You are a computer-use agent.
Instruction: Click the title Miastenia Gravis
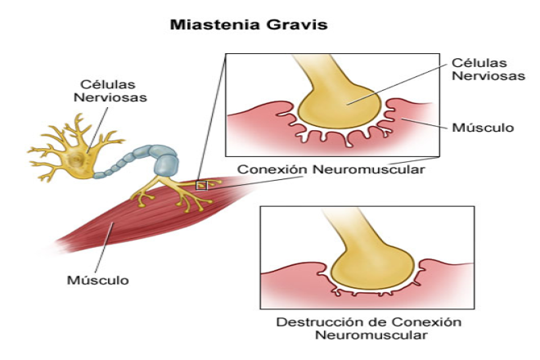(x=249, y=25)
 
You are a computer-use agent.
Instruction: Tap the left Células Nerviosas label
(x=110, y=91)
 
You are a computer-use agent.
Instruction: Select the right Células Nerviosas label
(x=488, y=70)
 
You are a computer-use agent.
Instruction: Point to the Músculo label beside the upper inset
(x=483, y=128)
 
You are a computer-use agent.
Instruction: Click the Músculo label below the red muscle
(x=98, y=280)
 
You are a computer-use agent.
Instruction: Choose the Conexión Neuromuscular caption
(x=331, y=169)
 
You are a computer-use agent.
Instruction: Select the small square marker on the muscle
(x=201, y=186)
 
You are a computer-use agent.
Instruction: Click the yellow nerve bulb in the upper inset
(x=340, y=107)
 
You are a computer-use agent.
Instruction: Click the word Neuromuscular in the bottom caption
(x=371, y=335)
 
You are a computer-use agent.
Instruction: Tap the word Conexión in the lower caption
(x=426, y=322)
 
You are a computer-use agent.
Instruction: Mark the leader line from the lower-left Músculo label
(x=104, y=247)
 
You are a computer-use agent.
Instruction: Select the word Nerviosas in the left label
(x=110, y=97)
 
